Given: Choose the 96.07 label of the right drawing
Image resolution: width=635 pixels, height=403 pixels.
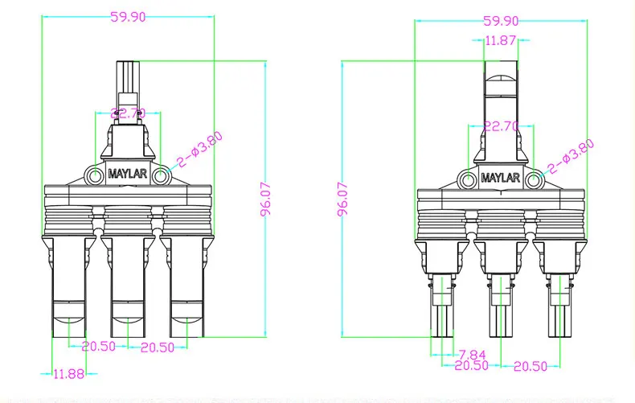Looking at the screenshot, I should [342, 198].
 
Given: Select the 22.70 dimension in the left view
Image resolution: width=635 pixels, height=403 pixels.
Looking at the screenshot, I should [128, 114].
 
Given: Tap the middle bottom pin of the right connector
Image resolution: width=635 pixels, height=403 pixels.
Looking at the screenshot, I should [501, 318].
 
